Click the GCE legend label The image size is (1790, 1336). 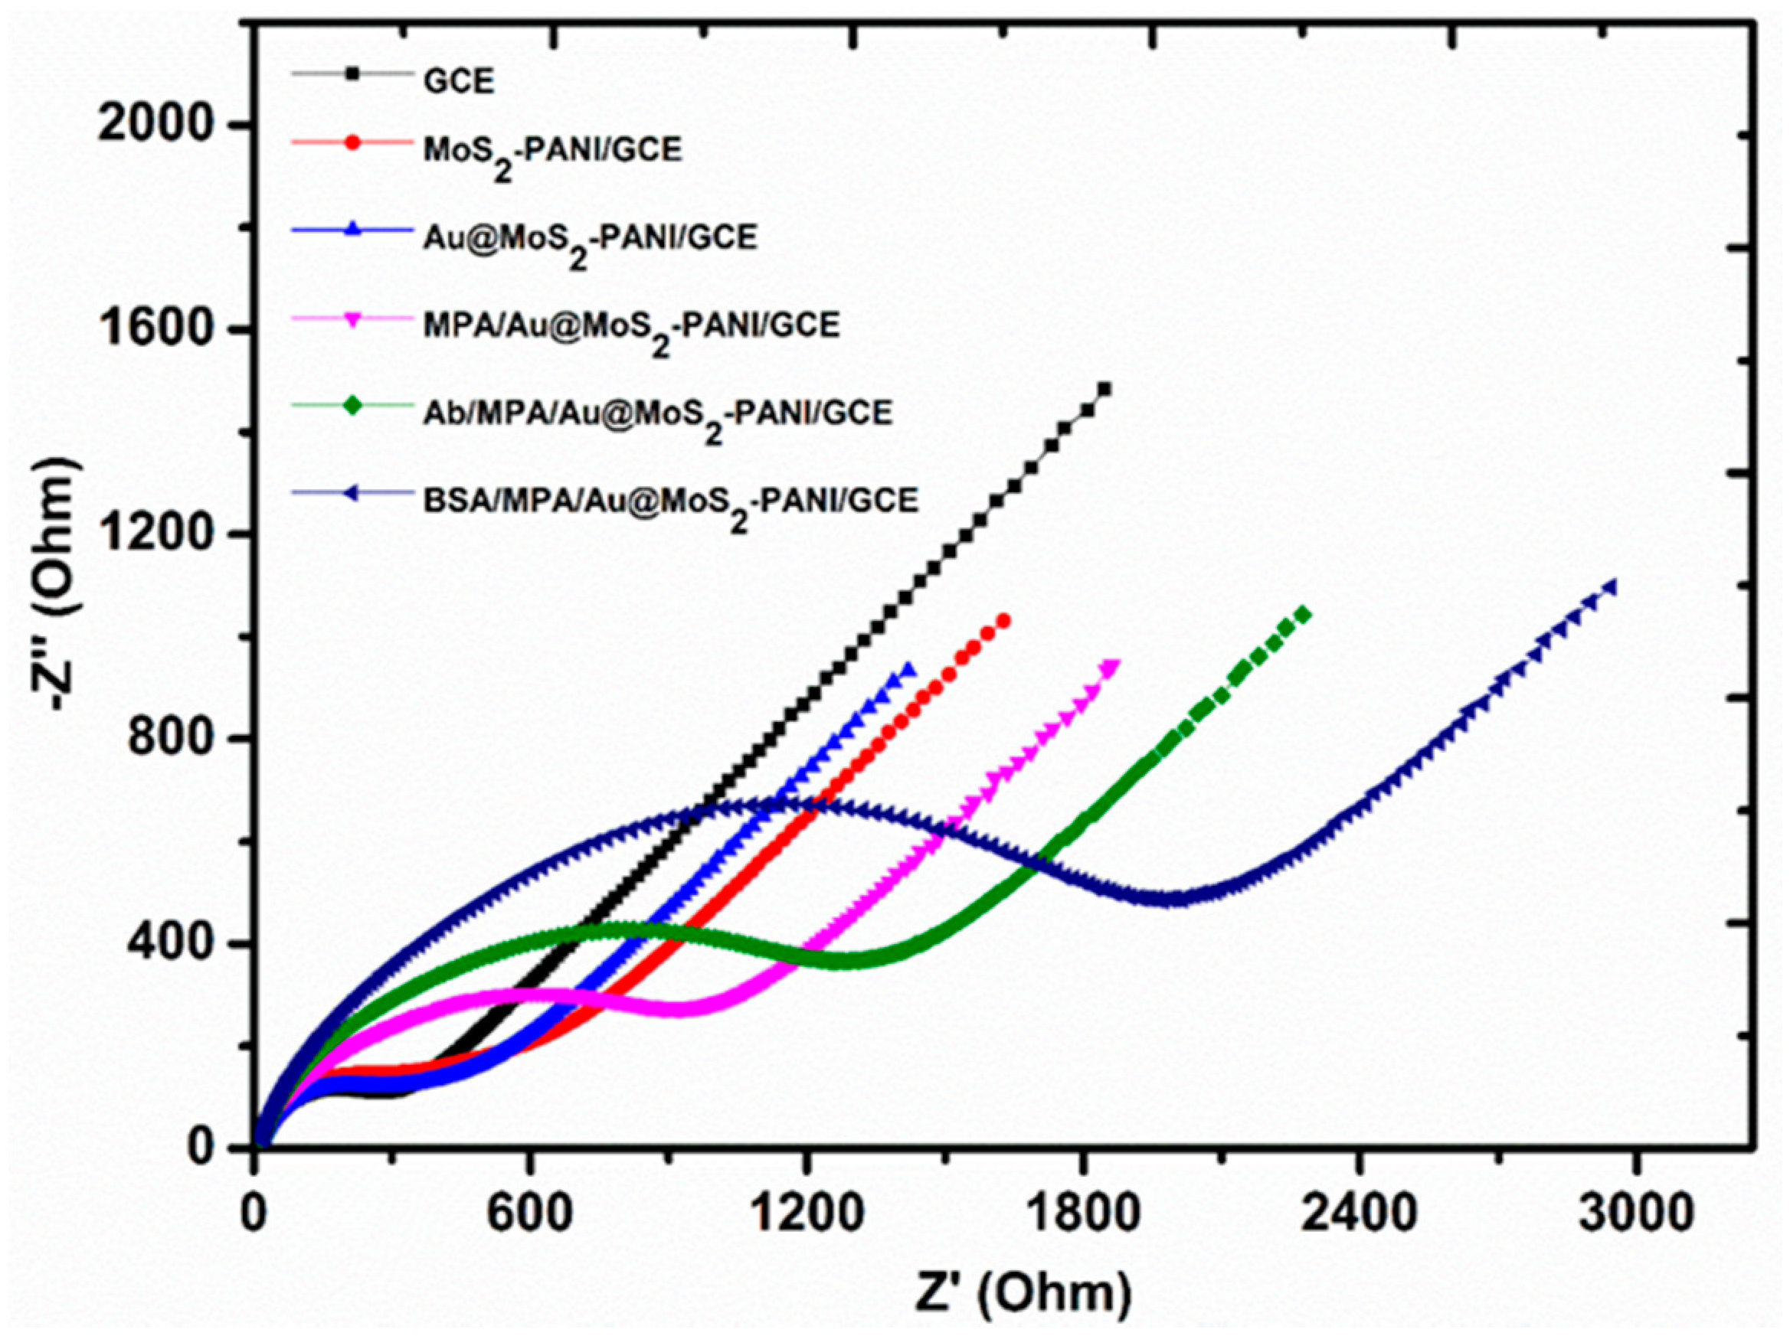458,82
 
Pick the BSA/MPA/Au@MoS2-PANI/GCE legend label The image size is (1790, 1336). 670,501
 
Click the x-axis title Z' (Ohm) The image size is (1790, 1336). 1023,1294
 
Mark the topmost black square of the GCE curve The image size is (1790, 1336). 1104,389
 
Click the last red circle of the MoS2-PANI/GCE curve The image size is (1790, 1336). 1004,620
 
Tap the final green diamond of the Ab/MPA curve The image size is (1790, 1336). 1303,615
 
